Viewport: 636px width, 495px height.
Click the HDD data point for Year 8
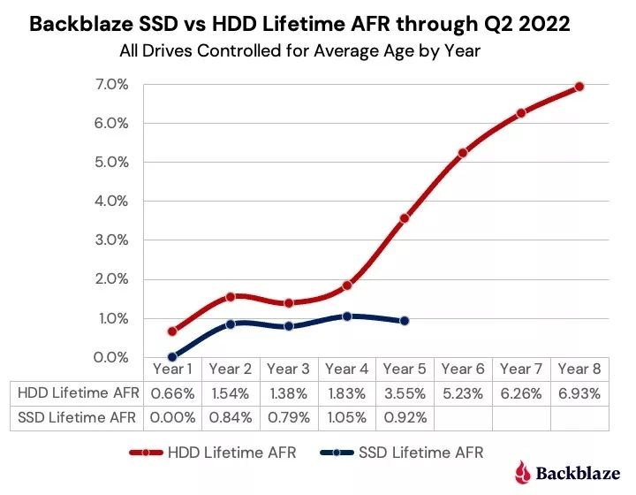(579, 87)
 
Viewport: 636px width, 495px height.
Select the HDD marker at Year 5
(405, 218)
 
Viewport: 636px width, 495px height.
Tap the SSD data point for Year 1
(172, 357)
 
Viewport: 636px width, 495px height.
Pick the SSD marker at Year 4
(347, 316)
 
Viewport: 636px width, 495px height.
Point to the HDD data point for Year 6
(463, 153)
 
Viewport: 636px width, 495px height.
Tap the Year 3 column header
(288, 369)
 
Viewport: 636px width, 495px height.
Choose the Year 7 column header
(521, 369)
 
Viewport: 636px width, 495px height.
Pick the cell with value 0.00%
(172, 416)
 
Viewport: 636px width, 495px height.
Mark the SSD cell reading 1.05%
(347, 416)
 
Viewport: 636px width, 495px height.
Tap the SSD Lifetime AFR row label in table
(77, 416)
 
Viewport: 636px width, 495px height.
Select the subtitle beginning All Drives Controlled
(299, 50)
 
